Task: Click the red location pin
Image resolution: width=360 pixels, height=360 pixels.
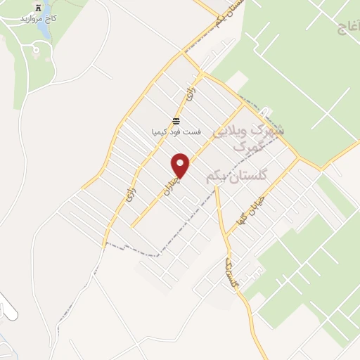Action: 181,165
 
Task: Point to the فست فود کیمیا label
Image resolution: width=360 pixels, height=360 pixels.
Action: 176,131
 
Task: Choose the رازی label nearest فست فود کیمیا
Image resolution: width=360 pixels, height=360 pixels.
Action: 188,93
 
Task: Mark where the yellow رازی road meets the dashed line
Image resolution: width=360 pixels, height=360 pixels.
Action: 105,243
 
